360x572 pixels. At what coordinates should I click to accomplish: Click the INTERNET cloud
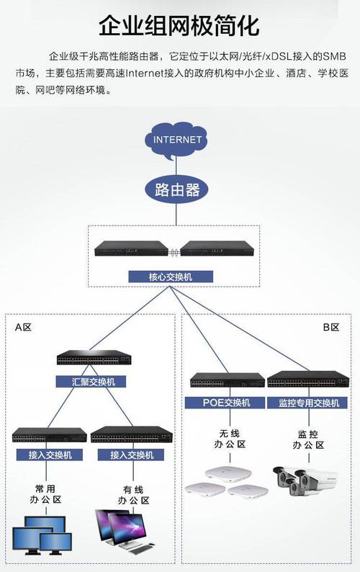tap(178, 140)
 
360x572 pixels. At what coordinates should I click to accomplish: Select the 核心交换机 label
tap(171, 277)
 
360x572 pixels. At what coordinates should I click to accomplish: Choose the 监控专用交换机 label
tap(303, 403)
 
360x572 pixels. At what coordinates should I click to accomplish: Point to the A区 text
tap(24, 328)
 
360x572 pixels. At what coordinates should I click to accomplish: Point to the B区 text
tap(330, 328)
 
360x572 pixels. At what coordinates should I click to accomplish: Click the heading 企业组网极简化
tap(179, 27)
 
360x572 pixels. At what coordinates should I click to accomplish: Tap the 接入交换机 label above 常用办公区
tap(50, 455)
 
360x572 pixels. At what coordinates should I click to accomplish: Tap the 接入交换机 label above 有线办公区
tap(132, 455)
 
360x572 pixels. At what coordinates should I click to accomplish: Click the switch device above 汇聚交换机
tap(93, 359)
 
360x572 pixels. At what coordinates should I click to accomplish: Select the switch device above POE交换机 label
tap(227, 380)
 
